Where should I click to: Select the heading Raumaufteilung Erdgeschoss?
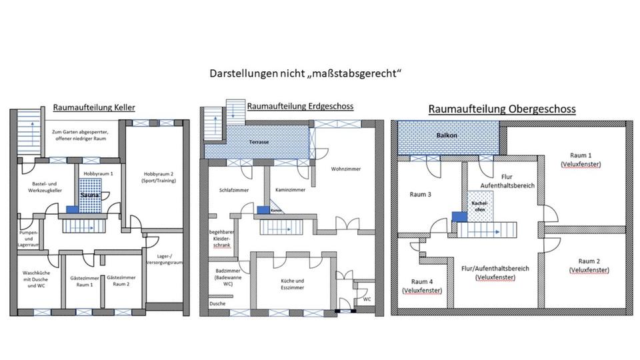(299, 106)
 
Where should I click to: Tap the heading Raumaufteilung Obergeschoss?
(501, 109)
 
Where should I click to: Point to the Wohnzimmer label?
(345, 169)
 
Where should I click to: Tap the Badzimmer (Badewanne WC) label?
(224, 277)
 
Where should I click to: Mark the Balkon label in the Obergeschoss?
(445, 135)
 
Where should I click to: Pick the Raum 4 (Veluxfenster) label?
(422, 285)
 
